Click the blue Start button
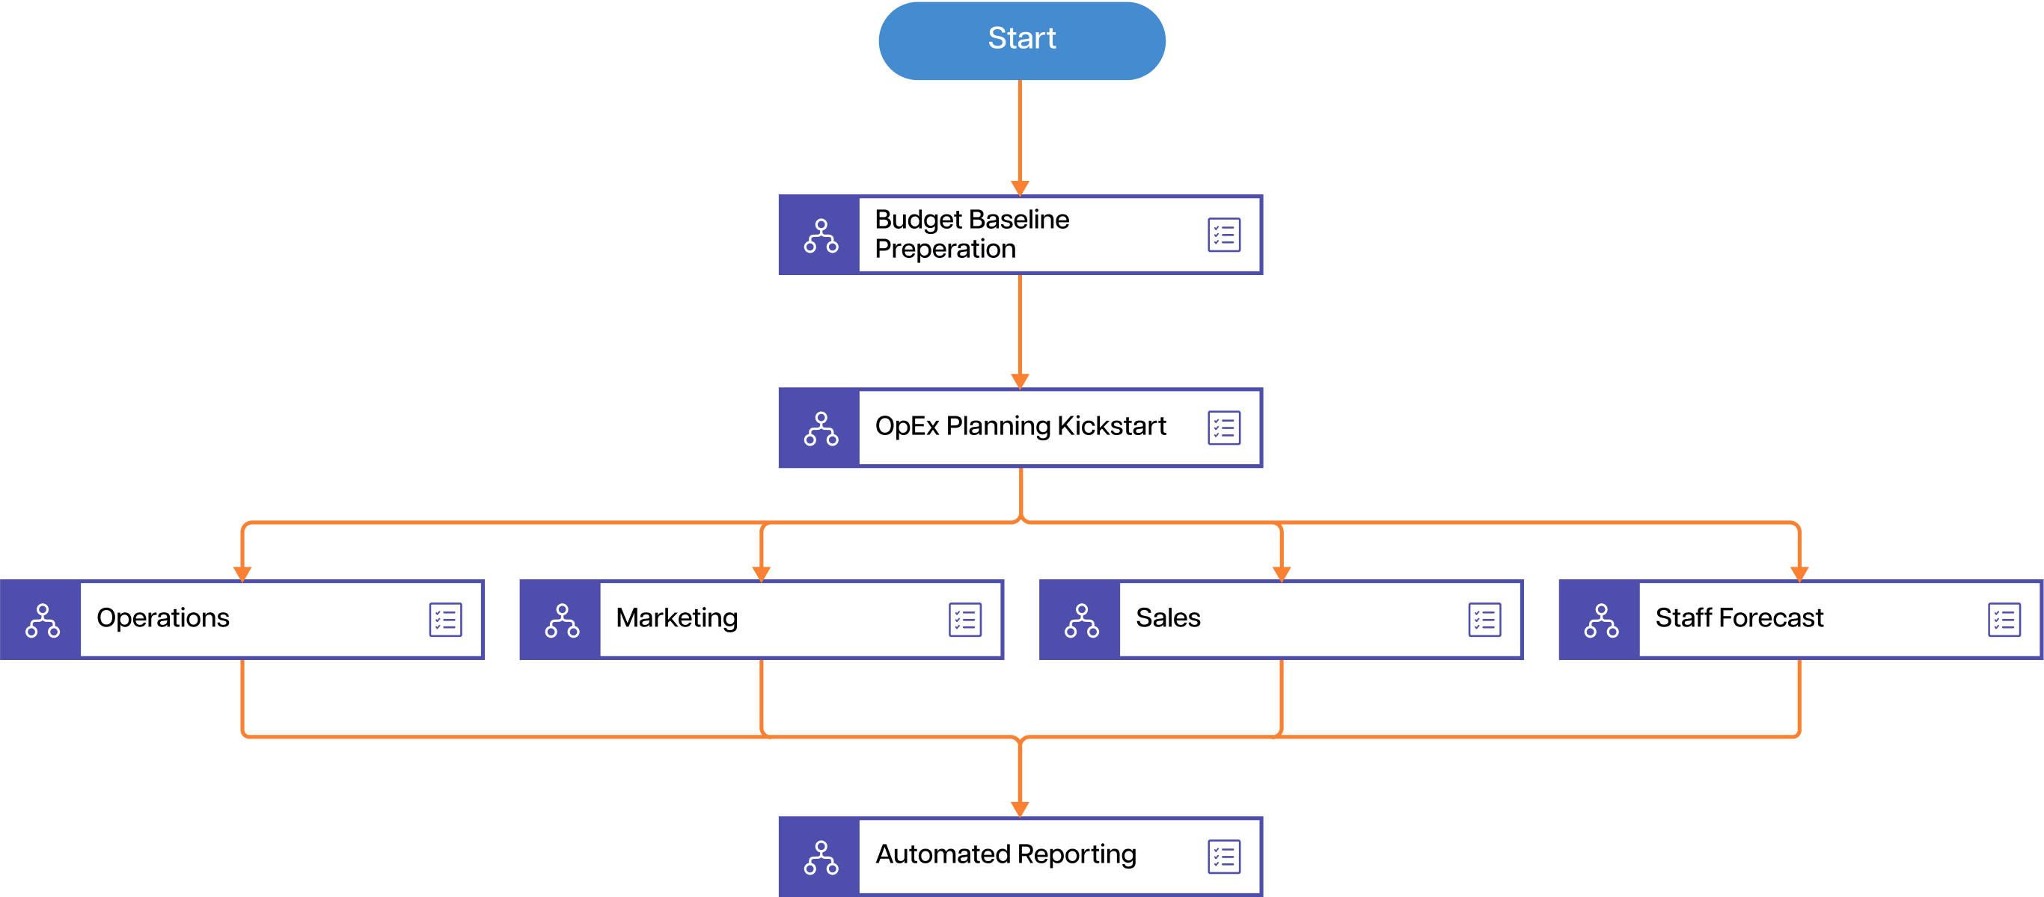(x=1021, y=40)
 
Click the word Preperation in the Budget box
(x=944, y=249)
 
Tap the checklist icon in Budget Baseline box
(x=1223, y=235)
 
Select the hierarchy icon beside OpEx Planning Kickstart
(x=821, y=428)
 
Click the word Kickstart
(x=1111, y=426)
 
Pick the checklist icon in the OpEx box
(x=1223, y=428)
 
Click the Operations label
(x=162, y=618)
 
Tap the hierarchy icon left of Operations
(x=42, y=620)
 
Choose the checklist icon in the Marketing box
(x=965, y=620)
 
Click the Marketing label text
(x=677, y=618)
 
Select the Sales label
(x=1167, y=618)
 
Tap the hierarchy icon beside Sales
(x=1082, y=620)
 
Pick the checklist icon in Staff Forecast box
(x=2004, y=620)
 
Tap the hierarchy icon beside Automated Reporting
(x=821, y=857)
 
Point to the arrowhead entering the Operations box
(x=242, y=573)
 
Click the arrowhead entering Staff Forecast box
(x=1799, y=573)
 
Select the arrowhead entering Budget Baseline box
(x=1020, y=187)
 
